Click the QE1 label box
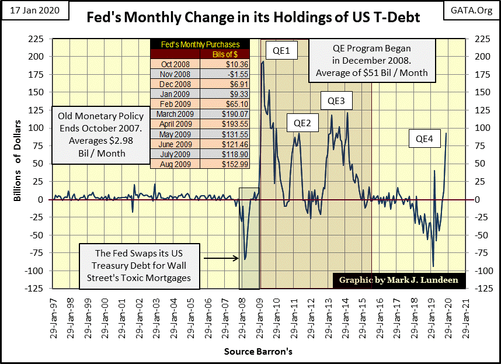281,51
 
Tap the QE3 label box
336,101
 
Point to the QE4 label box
428,139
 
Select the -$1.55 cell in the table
224,74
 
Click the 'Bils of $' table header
224,54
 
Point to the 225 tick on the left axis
39,39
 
